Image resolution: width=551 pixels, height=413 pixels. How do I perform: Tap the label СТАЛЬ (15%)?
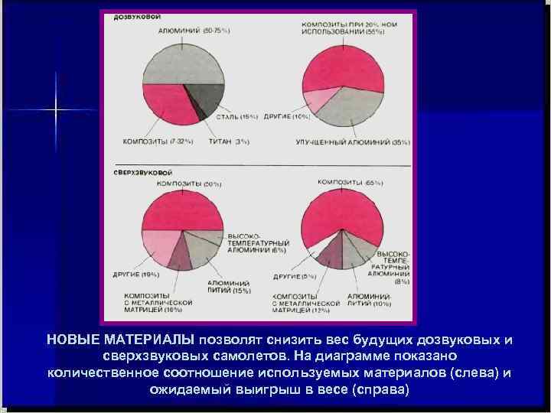[x=238, y=116]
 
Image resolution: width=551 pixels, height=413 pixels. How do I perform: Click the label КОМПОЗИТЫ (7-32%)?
[x=158, y=141]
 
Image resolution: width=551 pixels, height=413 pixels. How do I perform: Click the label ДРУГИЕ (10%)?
[x=287, y=116]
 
